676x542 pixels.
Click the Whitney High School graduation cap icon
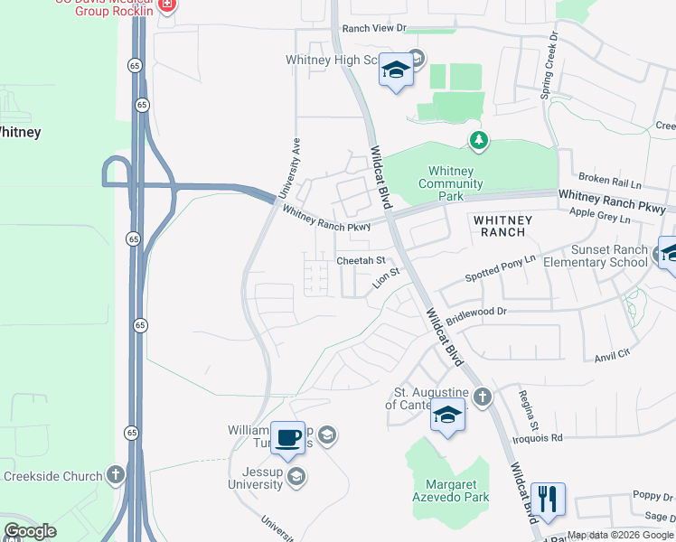pyautogui.click(x=395, y=70)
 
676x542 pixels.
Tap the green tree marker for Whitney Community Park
pyautogui.click(x=478, y=140)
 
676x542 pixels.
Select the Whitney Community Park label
pyautogui.click(x=451, y=183)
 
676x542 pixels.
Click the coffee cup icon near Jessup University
pyautogui.click(x=288, y=438)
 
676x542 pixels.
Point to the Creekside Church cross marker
pyautogui.click(x=116, y=474)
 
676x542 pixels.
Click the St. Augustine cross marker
pyautogui.click(x=483, y=397)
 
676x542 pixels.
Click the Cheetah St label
pyautogui.click(x=361, y=261)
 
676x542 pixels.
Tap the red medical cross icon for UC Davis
pyautogui.click(x=166, y=5)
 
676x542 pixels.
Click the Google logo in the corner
pyautogui.click(x=30, y=531)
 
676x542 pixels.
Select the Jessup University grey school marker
pyautogui.click(x=296, y=478)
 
